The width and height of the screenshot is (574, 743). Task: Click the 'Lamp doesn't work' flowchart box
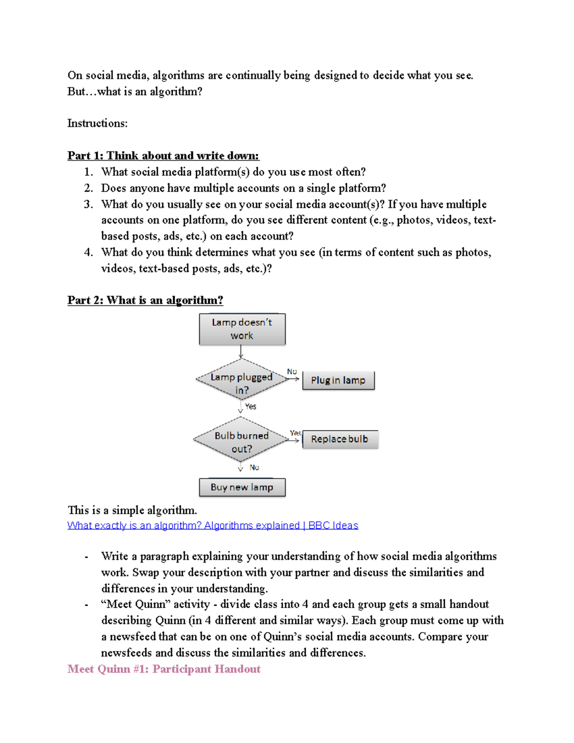coord(242,329)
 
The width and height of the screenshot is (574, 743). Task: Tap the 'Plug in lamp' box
coord(338,380)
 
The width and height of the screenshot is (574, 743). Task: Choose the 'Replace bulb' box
coord(340,439)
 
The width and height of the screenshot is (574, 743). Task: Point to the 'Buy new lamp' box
coord(242,487)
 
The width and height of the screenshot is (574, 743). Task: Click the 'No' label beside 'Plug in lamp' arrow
coord(292,371)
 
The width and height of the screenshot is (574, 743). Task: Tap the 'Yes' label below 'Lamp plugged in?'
coord(251,406)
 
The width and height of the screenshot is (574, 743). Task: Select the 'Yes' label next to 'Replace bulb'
coord(295,433)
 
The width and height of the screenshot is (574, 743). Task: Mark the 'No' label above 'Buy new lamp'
coord(254,467)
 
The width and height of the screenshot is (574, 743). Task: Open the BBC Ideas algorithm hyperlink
coord(212,525)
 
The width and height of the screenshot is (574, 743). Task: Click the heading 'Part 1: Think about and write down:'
coord(163,155)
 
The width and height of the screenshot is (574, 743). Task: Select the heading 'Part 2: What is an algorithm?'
coord(145,300)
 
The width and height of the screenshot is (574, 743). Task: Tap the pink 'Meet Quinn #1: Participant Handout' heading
coord(164,669)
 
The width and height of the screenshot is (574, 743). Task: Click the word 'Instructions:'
coord(97,123)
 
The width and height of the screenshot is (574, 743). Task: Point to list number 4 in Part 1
coord(88,252)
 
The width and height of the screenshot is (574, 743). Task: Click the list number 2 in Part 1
coord(88,188)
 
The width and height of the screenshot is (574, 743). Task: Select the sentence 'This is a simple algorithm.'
coord(132,510)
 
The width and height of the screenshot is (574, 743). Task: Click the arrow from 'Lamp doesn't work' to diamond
coord(241,352)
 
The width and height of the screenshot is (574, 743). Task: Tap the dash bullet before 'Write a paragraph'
coord(86,556)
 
